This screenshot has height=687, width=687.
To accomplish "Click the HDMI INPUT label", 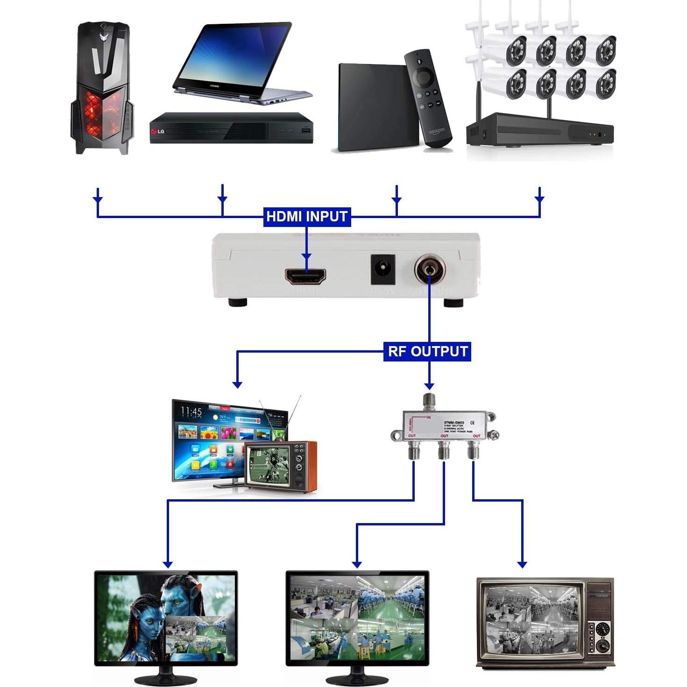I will (x=306, y=217).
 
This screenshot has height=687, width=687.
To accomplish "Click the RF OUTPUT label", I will (x=427, y=351).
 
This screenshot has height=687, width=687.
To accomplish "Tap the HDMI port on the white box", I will (x=305, y=276).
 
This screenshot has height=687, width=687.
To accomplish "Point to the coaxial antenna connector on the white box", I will (x=429, y=270).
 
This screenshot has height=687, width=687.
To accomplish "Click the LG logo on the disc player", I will (x=157, y=132).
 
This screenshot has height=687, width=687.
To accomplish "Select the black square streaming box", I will (x=374, y=107).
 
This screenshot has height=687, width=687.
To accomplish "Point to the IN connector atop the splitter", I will (x=428, y=401).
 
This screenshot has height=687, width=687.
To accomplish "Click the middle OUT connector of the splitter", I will (x=443, y=451).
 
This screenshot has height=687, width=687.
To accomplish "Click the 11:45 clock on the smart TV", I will (x=191, y=411).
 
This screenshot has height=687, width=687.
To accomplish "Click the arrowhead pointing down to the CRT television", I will (x=522, y=564).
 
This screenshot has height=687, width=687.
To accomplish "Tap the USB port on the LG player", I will (x=305, y=130).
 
